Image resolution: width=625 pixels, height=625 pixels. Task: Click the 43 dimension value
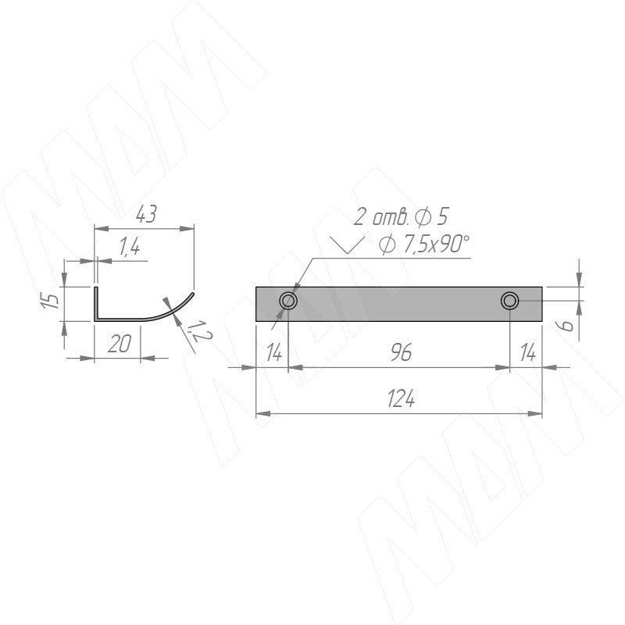click(146, 214)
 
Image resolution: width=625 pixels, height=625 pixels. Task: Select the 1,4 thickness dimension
click(130, 247)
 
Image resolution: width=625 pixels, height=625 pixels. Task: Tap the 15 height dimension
click(52, 300)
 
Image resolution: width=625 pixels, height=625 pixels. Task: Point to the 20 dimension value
click(120, 344)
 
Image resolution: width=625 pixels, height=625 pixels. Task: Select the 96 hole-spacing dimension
click(401, 353)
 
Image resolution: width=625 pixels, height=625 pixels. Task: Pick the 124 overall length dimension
click(401, 399)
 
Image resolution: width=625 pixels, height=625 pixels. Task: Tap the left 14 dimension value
click(274, 353)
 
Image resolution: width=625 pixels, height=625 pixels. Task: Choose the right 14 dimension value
click(528, 353)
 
